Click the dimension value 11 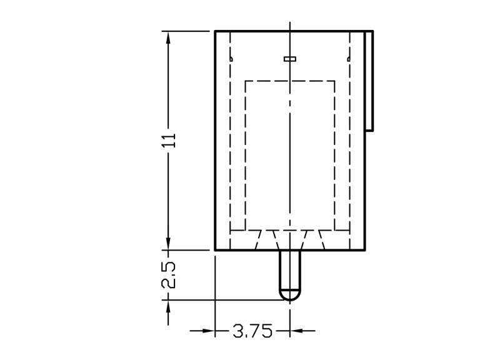click(169, 140)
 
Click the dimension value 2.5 click(169, 275)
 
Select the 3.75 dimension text click(252, 331)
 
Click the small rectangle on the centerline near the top click(290, 59)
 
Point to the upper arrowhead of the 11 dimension click(168, 39)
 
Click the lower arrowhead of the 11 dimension click(168, 243)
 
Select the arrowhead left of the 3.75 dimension click(207, 331)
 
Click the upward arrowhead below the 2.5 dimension click(168, 307)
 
